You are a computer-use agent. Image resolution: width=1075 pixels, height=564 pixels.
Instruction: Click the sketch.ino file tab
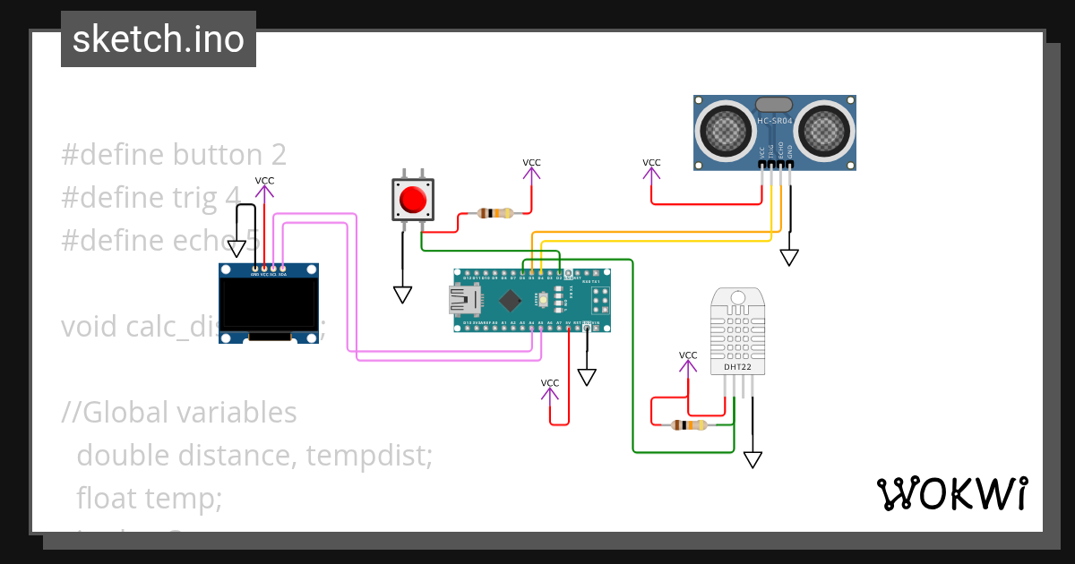(159, 39)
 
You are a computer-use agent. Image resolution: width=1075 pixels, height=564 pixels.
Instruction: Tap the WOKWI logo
(951, 493)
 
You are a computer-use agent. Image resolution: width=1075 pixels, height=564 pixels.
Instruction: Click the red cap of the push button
(412, 199)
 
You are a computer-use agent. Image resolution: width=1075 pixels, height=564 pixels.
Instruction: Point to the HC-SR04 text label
(775, 121)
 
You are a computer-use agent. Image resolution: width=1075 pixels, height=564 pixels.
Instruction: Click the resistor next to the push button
(495, 213)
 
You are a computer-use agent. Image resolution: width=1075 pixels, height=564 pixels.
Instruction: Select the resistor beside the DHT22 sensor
(688, 424)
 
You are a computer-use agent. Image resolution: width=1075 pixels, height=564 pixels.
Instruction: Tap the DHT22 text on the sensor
(736, 367)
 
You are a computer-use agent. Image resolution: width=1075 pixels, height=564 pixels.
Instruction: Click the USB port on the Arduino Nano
(465, 300)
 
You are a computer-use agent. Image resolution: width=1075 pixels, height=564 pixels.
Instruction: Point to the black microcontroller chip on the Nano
(510, 300)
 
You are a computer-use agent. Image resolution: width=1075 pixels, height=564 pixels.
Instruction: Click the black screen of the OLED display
(270, 303)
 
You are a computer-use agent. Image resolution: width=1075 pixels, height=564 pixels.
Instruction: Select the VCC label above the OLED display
(264, 181)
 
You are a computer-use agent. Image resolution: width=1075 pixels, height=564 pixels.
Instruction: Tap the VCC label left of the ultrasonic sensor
(651, 163)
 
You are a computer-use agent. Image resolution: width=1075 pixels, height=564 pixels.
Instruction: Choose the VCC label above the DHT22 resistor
(687, 355)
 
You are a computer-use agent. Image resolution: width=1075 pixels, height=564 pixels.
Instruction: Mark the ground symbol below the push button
(402, 295)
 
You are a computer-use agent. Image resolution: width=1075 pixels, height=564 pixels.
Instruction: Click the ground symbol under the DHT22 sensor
(752, 459)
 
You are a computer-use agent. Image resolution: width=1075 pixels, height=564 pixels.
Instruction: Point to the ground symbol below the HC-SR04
(788, 258)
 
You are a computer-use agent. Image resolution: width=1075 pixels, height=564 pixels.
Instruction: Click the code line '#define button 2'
(174, 155)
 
